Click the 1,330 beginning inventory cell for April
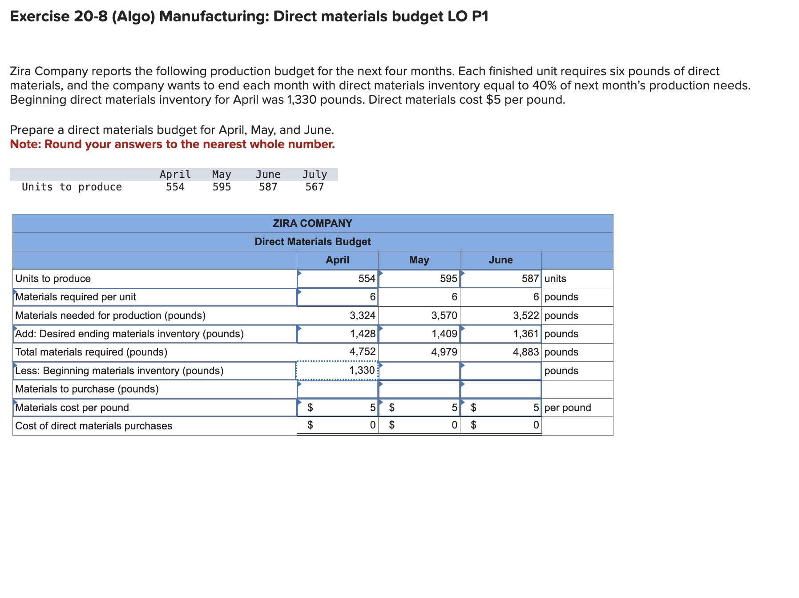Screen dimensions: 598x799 337,371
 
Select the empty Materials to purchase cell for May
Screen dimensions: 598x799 419,389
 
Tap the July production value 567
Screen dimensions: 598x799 315,187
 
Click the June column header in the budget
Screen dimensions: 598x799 500,260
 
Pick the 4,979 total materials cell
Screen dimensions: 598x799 419,352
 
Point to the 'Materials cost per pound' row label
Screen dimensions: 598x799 72,408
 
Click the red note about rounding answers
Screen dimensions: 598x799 172,144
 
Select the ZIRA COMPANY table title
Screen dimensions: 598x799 312,223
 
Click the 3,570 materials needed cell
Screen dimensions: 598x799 419,315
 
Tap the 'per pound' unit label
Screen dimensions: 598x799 568,408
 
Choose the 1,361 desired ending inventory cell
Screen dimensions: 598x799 501,334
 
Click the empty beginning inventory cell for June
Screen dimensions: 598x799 501,371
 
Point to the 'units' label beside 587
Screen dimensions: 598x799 555,279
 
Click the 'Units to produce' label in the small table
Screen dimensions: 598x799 72,187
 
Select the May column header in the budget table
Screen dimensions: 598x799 419,260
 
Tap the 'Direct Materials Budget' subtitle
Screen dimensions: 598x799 312,242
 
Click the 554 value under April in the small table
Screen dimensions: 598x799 175,187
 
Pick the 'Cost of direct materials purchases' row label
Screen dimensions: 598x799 93,426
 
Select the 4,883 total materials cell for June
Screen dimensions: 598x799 501,352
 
